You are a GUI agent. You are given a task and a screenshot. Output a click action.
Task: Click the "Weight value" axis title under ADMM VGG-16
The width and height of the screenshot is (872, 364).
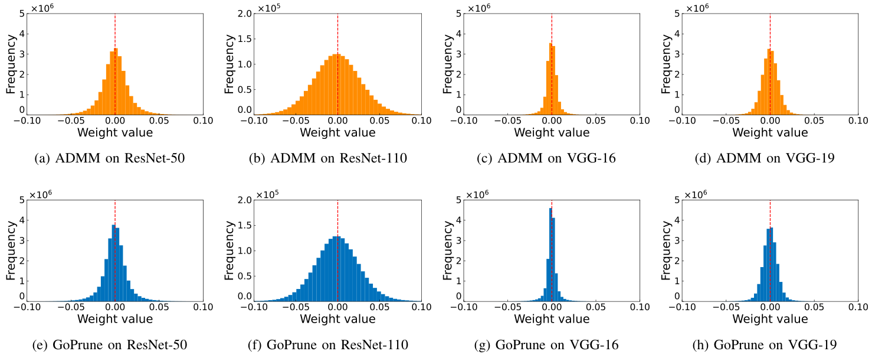click(x=551, y=132)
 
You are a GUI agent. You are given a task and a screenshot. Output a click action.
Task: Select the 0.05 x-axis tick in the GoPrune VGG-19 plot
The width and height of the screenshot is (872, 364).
click(x=814, y=308)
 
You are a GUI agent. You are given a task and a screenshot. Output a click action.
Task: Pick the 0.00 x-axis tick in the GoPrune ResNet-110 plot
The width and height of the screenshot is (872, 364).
click(x=337, y=308)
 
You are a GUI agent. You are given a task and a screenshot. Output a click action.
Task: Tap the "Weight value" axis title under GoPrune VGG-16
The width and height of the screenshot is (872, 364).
click(x=551, y=319)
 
